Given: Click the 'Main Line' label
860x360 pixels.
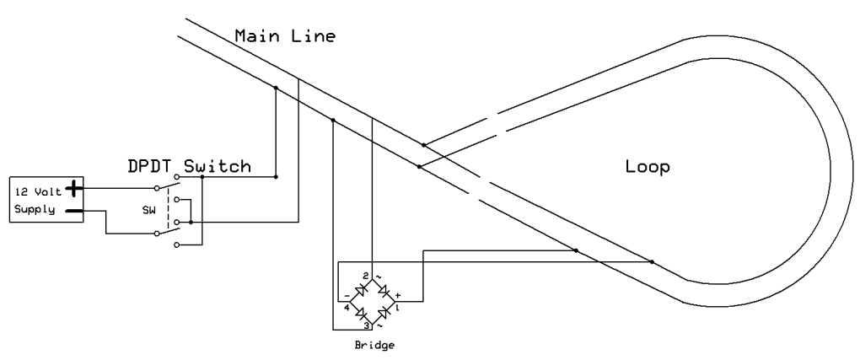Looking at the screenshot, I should (x=284, y=36).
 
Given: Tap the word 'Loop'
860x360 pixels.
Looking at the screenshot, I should (x=647, y=167).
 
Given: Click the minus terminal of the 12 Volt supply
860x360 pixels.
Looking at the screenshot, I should (x=74, y=211).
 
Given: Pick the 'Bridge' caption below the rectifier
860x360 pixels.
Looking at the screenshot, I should (x=371, y=345).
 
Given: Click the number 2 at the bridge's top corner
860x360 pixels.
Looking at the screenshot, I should (x=365, y=276).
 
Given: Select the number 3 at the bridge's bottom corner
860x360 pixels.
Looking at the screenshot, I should (x=365, y=325).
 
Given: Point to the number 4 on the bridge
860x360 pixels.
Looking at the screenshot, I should (x=347, y=307).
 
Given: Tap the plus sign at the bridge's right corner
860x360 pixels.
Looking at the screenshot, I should (x=397, y=295).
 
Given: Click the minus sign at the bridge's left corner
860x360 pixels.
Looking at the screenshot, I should (x=347, y=295).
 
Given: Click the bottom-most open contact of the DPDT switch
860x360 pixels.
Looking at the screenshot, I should (x=175, y=244).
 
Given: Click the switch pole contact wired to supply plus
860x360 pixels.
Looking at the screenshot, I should (x=156, y=188).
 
